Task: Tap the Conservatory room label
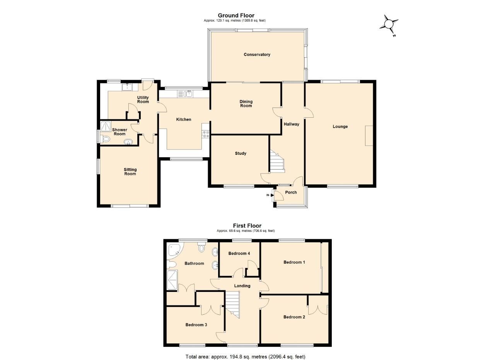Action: tap(257, 55)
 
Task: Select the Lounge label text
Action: tap(340, 127)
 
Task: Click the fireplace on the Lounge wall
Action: tap(369, 135)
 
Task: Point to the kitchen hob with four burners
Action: tap(205, 134)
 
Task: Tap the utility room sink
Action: tap(127, 87)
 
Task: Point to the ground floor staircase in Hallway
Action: tap(277, 162)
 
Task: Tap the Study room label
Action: tap(241, 153)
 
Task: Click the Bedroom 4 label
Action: tap(239, 254)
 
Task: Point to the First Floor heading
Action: tap(247, 226)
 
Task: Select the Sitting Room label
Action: tap(130, 171)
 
